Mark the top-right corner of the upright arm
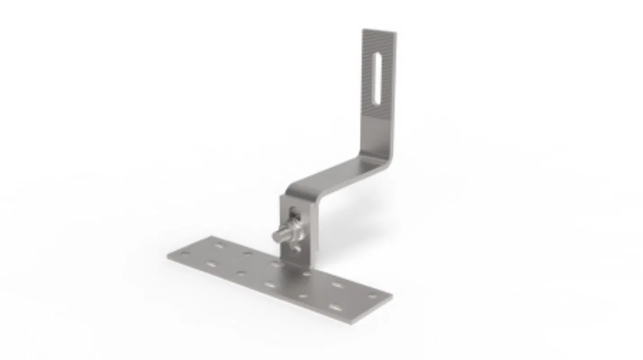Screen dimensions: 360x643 pyautogui.click(x=396, y=33)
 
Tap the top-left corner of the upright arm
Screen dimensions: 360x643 pyautogui.click(x=363, y=30)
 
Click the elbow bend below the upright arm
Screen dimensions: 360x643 pyautogui.click(x=382, y=155)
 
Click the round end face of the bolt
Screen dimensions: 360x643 pyautogui.click(x=276, y=236)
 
